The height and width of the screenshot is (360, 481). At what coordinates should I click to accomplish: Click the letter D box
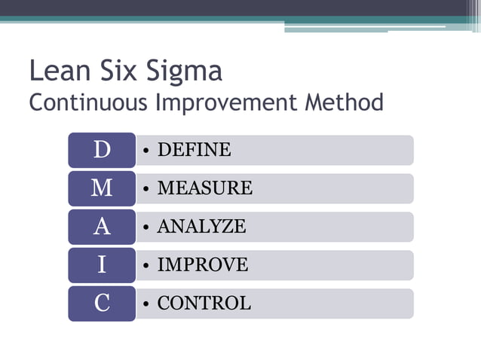102,150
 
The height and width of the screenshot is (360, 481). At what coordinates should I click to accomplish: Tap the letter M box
102,188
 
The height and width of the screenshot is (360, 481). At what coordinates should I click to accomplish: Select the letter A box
102,227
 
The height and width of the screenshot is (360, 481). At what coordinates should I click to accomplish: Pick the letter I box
102,265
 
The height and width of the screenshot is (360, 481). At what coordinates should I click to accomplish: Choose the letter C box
102,304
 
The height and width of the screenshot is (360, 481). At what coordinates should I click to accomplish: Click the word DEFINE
194,150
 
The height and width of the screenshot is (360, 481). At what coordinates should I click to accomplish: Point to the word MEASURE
204,188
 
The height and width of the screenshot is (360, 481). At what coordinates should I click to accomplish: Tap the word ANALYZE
201,227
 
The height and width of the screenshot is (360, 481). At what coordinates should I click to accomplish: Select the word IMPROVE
202,265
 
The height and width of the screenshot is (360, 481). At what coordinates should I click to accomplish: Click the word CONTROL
204,304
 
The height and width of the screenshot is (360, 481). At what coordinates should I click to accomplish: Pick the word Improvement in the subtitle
226,103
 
